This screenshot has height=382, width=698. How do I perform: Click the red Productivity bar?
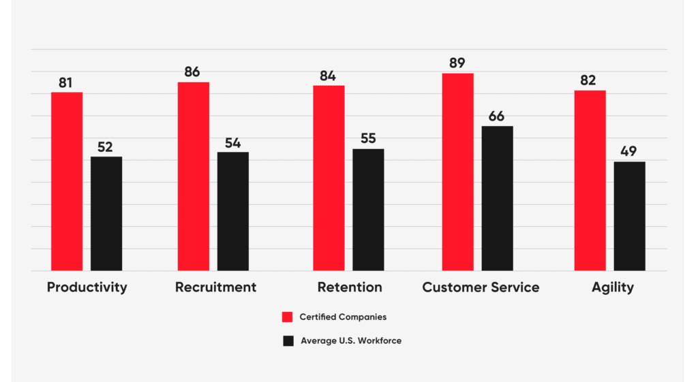tap(67, 181)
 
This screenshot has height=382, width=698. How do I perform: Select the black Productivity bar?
tap(106, 213)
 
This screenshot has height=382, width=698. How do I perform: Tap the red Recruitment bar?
tap(194, 176)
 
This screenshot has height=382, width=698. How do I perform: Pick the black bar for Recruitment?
tap(233, 211)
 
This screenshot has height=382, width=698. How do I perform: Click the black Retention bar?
tap(368, 210)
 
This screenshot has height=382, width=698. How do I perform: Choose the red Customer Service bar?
tap(457, 172)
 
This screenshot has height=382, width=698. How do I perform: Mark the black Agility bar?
tap(629, 216)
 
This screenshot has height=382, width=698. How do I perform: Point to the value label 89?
tap(457, 63)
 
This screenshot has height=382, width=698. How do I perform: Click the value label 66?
tap(496, 116)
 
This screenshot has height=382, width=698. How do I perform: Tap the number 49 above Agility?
tap(629, 152)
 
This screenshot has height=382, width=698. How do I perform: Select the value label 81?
tap(66, 83)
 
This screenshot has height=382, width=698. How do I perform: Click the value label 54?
tap(233, 143)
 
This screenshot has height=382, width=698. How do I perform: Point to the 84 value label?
tap(329, 76)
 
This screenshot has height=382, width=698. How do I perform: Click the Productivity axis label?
tap(87, 287)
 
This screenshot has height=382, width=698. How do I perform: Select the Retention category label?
tap(350, 287)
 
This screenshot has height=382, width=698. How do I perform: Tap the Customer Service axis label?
tap(481, 287)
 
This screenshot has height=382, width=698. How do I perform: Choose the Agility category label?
tap(612, 287)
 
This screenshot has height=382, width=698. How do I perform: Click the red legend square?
tap(288, 317)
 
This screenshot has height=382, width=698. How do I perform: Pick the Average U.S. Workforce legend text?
tap(350, 340)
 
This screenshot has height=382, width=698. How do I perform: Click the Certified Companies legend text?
tap(343, 317)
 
